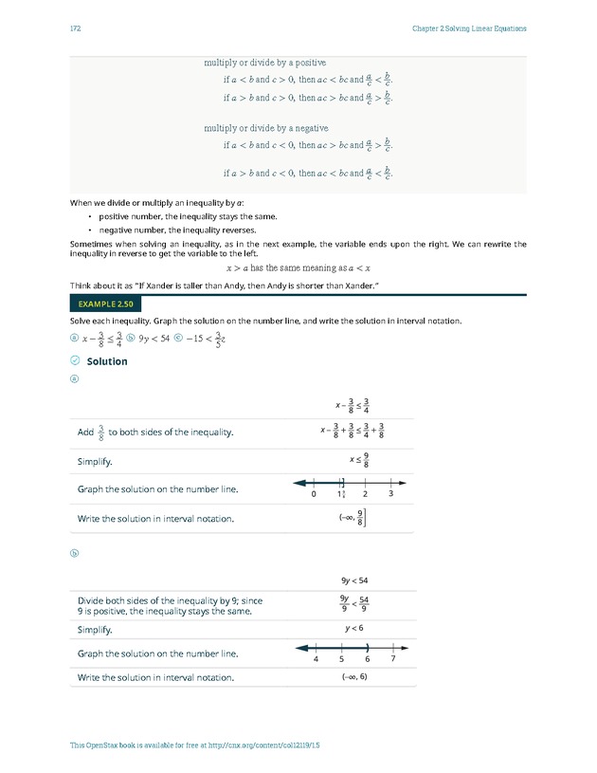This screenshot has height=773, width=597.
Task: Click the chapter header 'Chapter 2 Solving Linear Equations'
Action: coord(469,28)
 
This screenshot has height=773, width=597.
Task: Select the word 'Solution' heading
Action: coord(106,361)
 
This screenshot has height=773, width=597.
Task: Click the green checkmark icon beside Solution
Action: coord(75,361)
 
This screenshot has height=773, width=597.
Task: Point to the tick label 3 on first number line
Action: coord(390,494)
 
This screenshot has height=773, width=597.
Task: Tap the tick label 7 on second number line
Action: coord(391,658)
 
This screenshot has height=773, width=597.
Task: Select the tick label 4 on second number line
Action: coord(315,658)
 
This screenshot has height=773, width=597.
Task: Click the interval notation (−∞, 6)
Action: coord(353,677)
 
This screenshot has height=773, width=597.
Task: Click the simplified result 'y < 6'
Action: coord(353,629)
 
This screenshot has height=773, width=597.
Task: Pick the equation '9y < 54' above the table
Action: coord(353,580)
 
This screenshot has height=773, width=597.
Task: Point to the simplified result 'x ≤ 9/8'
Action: coord(360,460)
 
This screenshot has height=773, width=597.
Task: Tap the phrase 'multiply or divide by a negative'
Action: coord(266,128)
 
